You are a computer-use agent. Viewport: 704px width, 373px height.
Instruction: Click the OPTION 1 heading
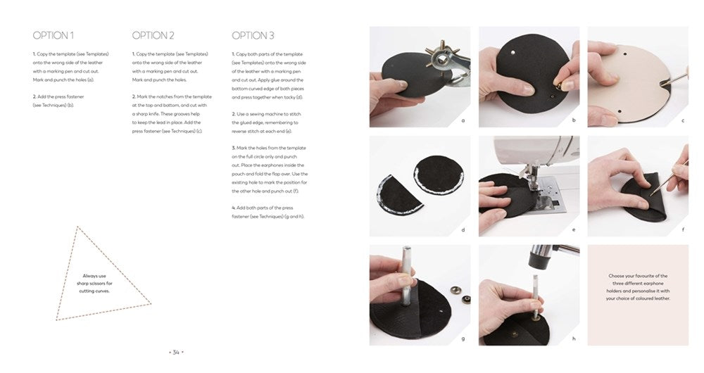coord(54,35)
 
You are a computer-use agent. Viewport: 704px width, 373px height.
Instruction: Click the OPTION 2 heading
coord(153,35)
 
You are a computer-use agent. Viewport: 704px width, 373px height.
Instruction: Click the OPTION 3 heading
coord(253,35)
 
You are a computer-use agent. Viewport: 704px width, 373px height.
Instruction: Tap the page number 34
coord(176,351)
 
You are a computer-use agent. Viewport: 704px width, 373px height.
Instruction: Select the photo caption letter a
coord(463,120)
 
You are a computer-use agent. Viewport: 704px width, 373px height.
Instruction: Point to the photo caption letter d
coord(463,229)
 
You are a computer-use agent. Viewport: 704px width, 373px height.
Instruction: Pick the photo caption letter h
coord(573,339)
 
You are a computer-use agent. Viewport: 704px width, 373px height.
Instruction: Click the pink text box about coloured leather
coord(637,287)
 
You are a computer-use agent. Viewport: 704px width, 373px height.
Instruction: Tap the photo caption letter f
coord(682,229)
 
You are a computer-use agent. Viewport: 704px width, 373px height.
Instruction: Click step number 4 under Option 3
coord(233,208)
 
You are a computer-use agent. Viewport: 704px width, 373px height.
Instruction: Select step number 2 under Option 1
coord(34,96)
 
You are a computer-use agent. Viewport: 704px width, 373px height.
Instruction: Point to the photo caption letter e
coord(573,229)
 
